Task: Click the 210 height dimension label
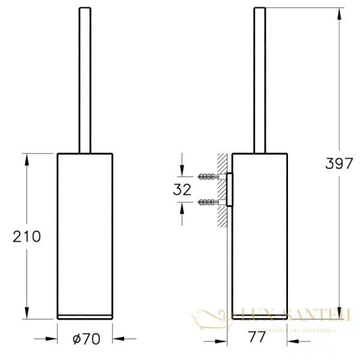(x=27, y=236)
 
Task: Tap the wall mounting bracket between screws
(x=229, y=190)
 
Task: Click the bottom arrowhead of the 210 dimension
(x=26, y=316)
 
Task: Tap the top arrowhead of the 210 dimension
(x=26, y=157)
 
